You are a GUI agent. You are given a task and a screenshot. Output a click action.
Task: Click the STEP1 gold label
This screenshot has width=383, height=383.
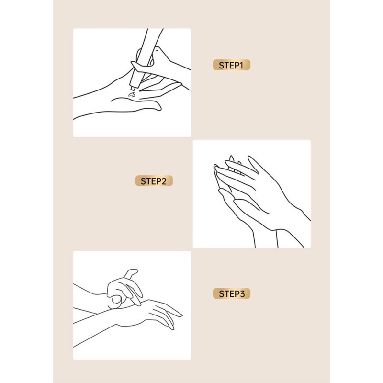click(x=231, y=65)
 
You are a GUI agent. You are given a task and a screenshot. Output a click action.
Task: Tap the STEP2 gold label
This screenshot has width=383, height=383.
click(x=154, y=181)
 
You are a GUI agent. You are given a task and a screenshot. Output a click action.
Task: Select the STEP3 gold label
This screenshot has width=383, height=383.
click(x=231, y=293)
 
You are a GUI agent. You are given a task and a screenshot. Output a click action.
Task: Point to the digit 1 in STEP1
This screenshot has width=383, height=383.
click(x=241, y=65)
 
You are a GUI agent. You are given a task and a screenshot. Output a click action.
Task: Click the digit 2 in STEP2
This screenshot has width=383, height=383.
click(x=164, y=181)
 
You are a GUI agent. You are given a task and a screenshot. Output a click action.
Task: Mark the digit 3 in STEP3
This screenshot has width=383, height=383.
click(x=242, y=294)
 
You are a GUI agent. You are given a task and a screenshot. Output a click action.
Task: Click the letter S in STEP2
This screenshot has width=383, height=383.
click(x=143, y=181)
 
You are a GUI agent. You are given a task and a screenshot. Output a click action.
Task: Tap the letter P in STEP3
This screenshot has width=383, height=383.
click(x=236, y=294)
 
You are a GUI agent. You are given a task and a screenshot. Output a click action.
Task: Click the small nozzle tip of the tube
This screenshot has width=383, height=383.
click(x=133, y=88)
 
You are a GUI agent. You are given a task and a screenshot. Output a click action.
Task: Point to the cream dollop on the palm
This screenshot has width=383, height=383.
click(x=131, y=95)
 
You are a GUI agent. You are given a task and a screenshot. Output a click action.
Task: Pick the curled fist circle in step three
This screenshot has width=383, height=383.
click(x=115, y=301)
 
